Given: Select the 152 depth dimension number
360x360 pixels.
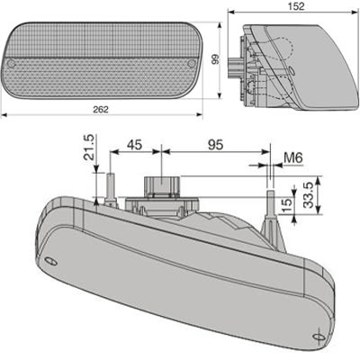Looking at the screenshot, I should [287, 7].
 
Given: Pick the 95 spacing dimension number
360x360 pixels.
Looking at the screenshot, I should [213, 144].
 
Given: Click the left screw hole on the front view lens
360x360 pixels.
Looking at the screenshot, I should [12, 67].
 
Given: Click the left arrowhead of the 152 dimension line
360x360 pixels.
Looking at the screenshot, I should [229, 13].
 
